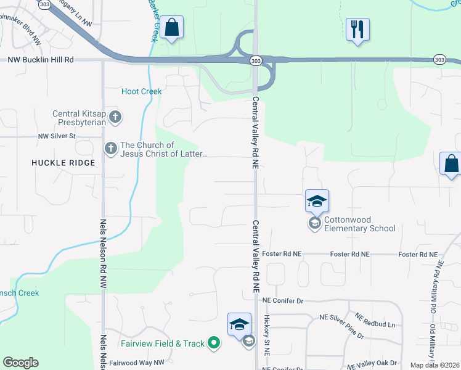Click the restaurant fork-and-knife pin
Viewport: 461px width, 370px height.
[357, 29]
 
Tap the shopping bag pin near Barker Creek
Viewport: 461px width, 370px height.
[171, 28]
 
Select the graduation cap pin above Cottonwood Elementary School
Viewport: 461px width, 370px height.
[317, 201]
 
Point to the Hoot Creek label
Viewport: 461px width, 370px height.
[141, 91]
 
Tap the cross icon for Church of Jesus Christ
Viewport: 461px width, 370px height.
[111, 148]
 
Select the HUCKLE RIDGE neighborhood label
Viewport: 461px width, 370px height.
[64, 163]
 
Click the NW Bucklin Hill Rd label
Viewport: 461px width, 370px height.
[40, 60]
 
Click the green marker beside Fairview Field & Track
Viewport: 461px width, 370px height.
[214, 343]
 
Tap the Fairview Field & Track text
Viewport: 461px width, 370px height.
[163, 343]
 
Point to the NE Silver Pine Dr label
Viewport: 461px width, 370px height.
[341, 327]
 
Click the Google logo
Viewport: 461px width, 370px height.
[20, 363]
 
